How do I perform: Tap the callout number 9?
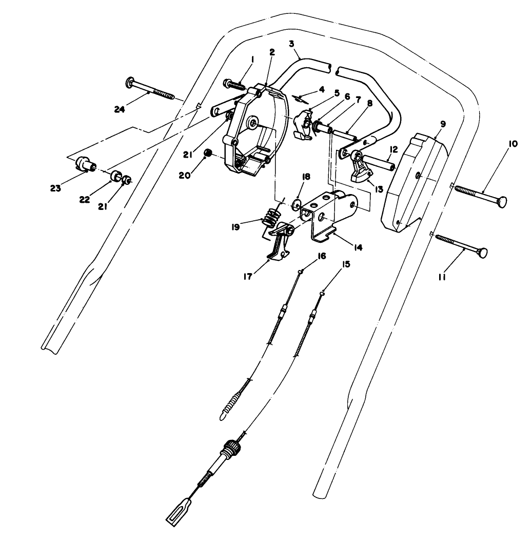coord(443,124)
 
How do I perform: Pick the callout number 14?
coord(358,247)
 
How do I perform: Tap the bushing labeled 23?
coord(84,164)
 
